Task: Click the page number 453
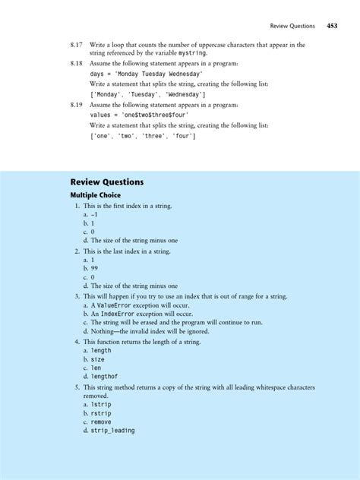(332, 25)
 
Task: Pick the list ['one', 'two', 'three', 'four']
(142, 136)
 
